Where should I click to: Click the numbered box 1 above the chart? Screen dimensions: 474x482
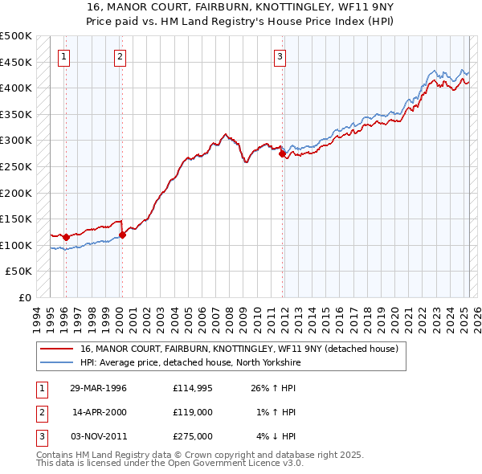[63, 56]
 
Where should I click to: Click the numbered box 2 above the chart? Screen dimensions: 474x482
[120, 56]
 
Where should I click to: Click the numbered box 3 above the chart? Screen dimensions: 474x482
[280, 56]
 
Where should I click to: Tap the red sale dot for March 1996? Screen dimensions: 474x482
[66, 237]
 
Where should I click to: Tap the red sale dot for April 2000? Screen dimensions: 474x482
[122, 235]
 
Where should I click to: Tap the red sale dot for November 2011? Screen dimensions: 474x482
[282, 153]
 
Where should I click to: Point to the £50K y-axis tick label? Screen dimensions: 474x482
[19, 272]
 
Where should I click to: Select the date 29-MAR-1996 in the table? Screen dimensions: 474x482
[98, 389]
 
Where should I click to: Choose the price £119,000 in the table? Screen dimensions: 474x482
[192, 413]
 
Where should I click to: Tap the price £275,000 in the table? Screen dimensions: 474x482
[192, 436]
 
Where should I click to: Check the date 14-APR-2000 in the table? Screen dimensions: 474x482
[98, 413]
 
